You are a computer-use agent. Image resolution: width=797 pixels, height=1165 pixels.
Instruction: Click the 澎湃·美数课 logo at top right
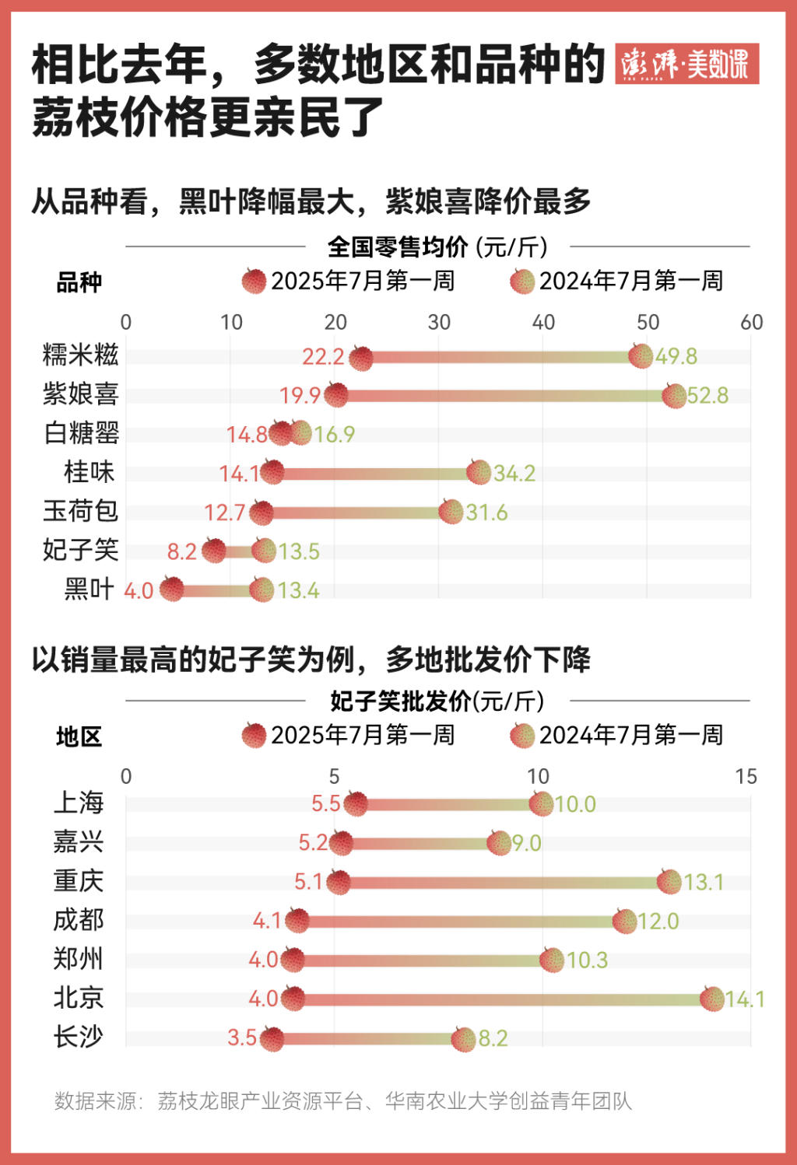tap(686, 64)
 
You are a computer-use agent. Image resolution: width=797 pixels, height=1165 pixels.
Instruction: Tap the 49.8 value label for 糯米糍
tap(676, 356)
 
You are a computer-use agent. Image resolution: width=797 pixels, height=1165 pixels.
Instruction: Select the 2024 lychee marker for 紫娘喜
tap(674, 395)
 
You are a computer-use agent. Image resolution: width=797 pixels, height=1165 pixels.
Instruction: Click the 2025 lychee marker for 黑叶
tap(171, 589)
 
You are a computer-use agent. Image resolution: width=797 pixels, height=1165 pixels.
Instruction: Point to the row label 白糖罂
tap(81, 433)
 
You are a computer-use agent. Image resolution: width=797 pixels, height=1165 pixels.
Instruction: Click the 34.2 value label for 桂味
tap(514, 473)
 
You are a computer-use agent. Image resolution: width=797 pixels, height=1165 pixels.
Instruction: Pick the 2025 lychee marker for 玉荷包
tap(262, 513)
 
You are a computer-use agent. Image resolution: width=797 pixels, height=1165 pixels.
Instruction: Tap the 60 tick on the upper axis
tap(751, 322)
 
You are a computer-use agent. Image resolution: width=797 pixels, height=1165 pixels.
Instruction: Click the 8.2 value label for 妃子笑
tap(182, 551)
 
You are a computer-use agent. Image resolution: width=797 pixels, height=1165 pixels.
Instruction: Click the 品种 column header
tap(79, 282)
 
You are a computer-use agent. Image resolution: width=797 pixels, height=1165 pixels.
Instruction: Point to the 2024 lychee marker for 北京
tap(712, 999)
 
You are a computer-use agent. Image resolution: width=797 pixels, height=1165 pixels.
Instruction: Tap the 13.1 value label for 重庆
tap(704, 882)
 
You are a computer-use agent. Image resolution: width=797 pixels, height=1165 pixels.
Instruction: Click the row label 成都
tap(78, 920)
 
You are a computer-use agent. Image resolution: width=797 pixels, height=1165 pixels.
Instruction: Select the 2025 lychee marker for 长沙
tap(272, 1037)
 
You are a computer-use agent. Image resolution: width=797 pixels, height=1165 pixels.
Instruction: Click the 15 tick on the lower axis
tap(746, 776)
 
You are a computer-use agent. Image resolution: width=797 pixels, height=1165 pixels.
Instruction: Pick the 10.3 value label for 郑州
tap(587, 960)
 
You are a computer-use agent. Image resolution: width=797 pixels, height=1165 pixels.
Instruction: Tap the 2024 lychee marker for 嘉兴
tap(499, 842)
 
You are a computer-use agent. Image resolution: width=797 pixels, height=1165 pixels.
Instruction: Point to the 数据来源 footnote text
tap(342, 1100)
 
